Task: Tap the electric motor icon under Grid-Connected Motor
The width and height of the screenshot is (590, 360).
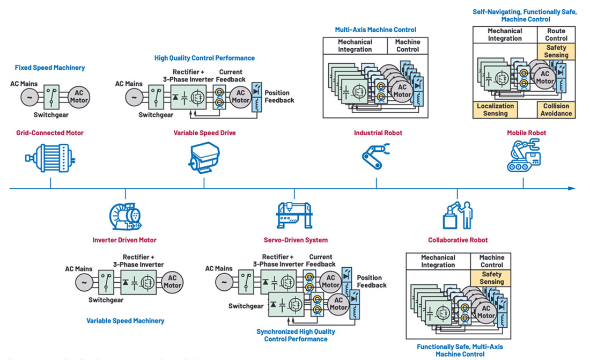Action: coord(50,157)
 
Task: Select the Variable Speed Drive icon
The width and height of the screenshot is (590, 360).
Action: coord(204,158)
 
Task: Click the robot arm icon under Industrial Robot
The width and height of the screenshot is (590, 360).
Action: coord(376,157)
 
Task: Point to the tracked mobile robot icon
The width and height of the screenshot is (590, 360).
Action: coord(523,156)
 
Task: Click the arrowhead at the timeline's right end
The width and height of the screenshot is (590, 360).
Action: coord(571,188)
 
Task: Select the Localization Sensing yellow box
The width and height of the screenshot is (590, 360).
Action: coord(495,109)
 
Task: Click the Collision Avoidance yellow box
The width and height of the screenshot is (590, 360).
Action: coord(556,109)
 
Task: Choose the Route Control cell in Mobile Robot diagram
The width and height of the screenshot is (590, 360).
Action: coord(556,35)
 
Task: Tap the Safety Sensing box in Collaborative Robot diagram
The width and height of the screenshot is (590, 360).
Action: coord(491,277)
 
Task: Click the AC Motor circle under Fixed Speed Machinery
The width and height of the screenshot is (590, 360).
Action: coord(78,97)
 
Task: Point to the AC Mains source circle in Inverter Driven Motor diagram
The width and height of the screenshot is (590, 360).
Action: coord(84,282)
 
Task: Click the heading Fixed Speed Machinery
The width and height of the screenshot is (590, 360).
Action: coord(49,68)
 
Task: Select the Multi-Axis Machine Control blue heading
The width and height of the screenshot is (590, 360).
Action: coord(375,30)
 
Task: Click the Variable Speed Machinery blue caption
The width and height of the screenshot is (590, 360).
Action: coord(125,320)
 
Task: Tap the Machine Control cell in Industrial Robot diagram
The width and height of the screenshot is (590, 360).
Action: coord(408,46)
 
